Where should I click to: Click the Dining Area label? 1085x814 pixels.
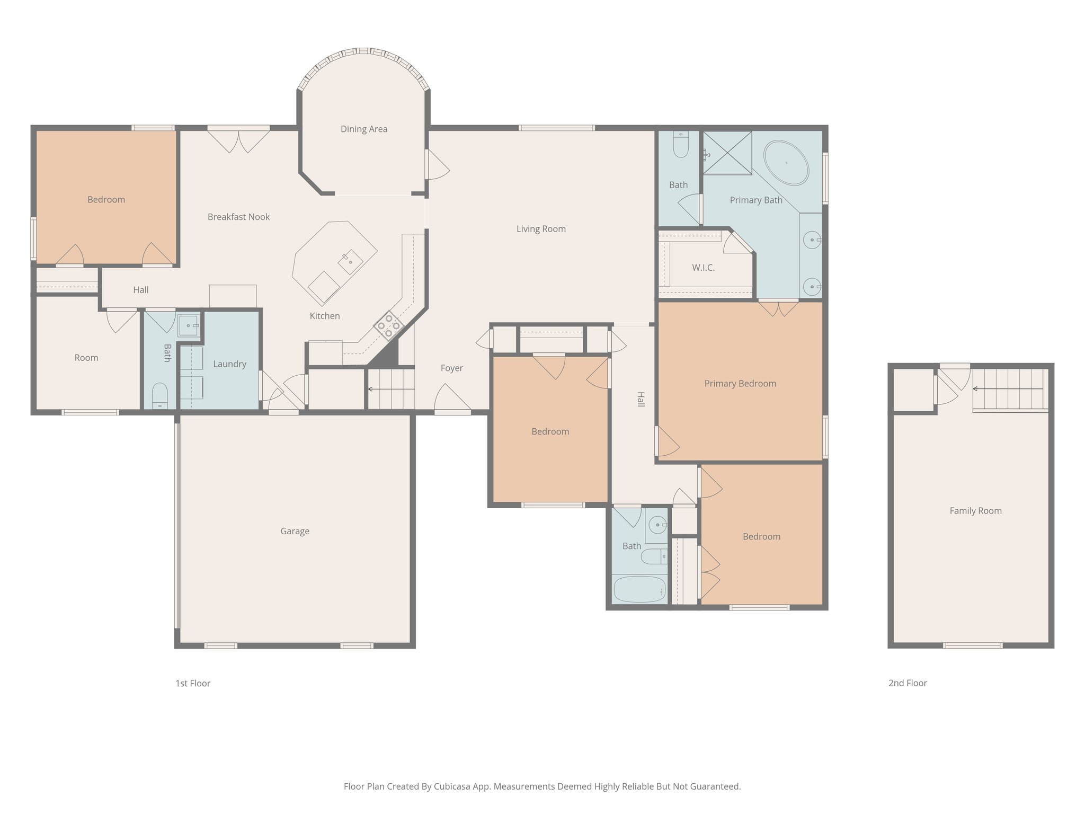tap(363, 129)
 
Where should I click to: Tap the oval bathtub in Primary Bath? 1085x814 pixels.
tap(786, 163)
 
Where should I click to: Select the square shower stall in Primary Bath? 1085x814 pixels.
tap(727, 152)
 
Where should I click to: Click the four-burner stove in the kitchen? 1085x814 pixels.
tap(389, 325)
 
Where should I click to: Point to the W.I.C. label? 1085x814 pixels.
tap(703, 268)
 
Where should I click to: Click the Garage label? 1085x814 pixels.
tap(295, 531)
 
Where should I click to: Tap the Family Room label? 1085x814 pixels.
tap(975, 511)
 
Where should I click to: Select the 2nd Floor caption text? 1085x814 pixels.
tap(908, 683)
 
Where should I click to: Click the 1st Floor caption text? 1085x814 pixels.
tap(193, 684)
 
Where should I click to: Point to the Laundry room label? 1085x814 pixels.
tap(229, 364)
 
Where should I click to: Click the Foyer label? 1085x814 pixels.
tap(451, 368)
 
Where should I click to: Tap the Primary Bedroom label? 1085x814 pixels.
tap(740, 384)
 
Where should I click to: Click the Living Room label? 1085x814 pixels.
tap(541, 229)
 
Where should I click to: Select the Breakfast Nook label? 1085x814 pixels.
tap(238, 217)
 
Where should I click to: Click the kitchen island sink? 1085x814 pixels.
tap(350, 261)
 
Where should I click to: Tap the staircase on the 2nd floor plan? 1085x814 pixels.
tap(1009, 390)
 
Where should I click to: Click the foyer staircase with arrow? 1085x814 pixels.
tap(391, 389)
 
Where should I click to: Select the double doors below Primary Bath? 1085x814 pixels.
tap(778, 307)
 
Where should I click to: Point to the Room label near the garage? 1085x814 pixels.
tap(86, 358)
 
